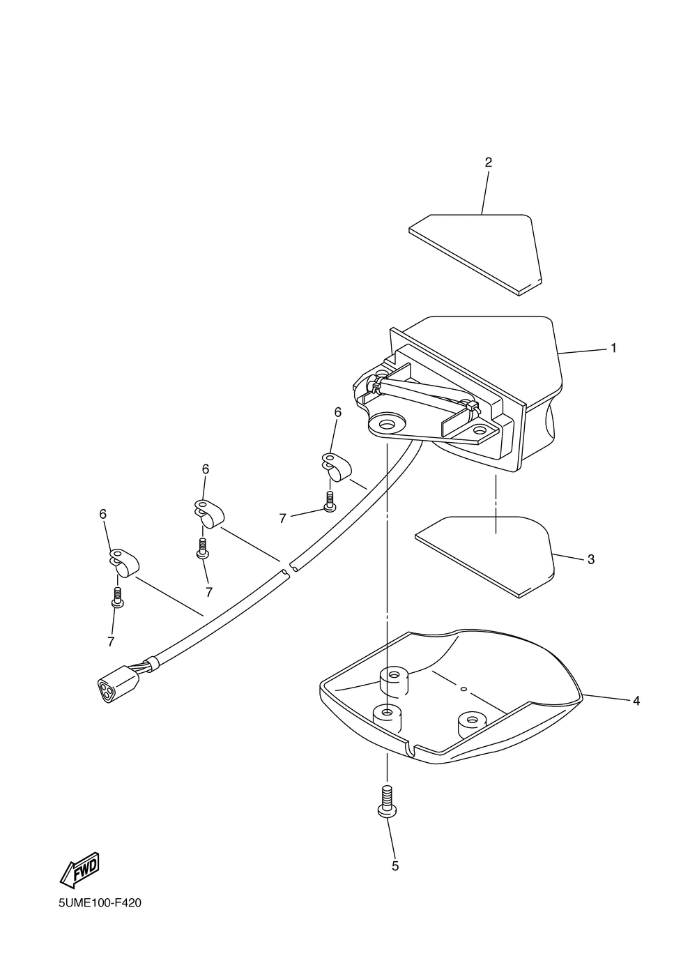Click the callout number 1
click(x=613, y=348)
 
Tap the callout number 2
click(x=488, y=162)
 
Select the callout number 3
click(x=591, y=559)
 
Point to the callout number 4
click(x=636, y=701)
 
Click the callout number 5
click(x=395, y=866)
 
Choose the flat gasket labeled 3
click(x=488, y=554)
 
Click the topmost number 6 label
click(x=338, y=413)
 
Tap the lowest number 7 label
click(x=111, y=641)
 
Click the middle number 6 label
click(x=206, y=469)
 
